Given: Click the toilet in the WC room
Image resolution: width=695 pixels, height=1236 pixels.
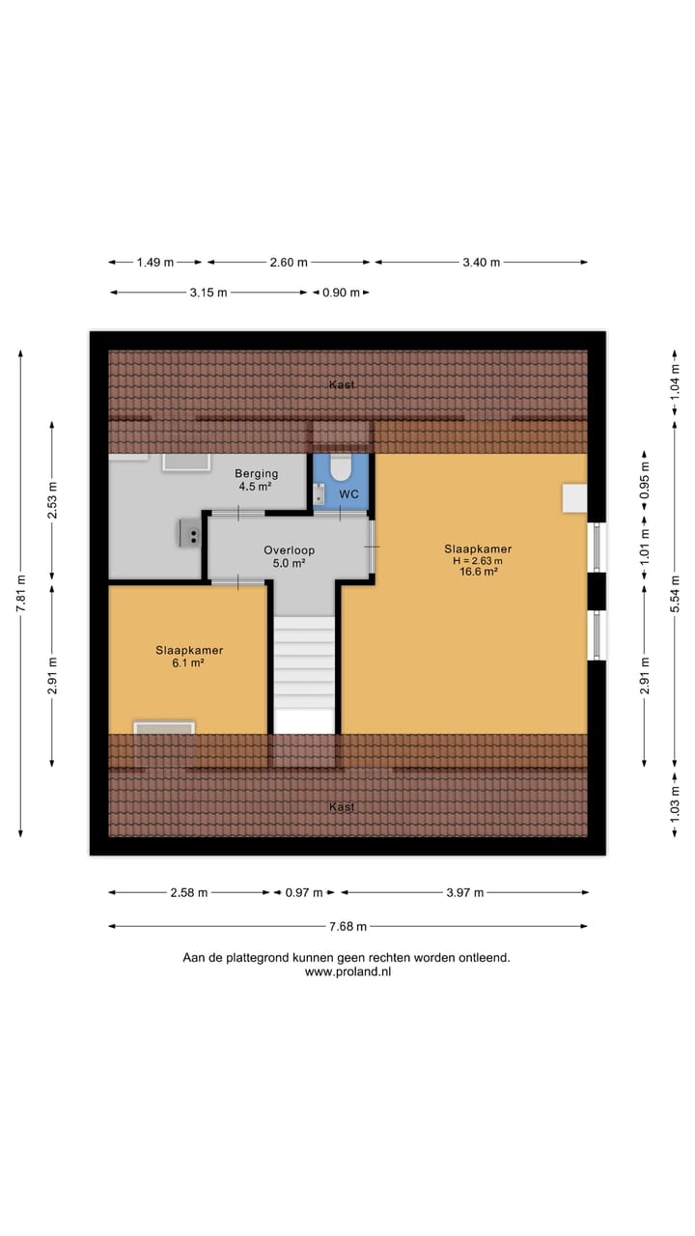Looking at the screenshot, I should (340, 468).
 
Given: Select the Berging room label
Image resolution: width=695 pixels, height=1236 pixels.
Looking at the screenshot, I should (257, 473).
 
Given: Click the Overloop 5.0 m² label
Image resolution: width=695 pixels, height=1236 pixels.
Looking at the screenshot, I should (289, 556).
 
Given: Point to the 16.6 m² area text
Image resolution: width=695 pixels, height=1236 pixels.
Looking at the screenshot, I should (478, 572).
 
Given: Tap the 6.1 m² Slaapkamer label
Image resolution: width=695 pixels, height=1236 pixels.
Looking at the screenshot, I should (189, 657).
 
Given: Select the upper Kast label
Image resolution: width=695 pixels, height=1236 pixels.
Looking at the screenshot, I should (342, 384).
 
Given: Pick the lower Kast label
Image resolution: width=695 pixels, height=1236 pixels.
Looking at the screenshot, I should (342, 806).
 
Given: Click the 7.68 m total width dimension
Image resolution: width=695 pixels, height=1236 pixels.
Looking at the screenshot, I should (347, 927).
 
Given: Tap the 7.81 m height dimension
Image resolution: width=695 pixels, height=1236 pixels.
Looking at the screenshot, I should (21, 595).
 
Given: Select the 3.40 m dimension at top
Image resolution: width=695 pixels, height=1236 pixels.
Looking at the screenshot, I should (482, 263).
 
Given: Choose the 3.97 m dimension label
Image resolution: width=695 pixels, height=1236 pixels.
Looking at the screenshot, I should (464, 893).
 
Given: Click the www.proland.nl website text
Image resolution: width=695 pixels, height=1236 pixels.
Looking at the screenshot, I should (347, 972).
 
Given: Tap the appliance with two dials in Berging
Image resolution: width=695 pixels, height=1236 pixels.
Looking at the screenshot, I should (190, 532).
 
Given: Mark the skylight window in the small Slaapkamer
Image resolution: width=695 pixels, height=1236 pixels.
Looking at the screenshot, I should (164, 729).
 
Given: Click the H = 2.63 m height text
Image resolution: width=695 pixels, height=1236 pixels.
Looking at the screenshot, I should (478, 560).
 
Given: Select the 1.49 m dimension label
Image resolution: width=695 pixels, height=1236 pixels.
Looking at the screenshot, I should (154, 263).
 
